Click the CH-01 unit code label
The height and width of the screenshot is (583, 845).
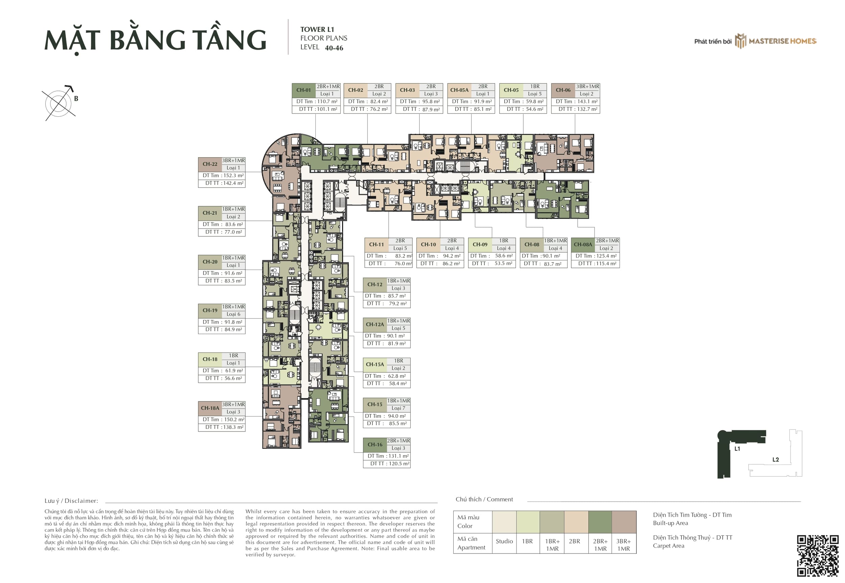tap(304, 90)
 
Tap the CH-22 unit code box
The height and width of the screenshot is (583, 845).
tap(210, 164)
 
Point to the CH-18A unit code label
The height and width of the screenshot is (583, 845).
tap(210, 409)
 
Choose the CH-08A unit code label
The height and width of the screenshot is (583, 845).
tap(583, 245)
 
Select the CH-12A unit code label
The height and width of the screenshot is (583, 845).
tap(375, 324)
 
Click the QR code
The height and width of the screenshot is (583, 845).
tap(818, 556)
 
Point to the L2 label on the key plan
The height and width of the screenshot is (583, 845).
tap(776, 460)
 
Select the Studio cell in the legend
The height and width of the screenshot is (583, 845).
tap(504, 541)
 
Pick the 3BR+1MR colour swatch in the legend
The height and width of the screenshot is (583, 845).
tap(624, 522)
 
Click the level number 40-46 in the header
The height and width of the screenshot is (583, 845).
tap(334, 48)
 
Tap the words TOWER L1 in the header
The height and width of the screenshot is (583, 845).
tap(317, 29)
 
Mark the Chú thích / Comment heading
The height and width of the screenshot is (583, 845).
tap(484, 499)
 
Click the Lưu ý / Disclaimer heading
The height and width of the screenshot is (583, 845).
tap(71, 501)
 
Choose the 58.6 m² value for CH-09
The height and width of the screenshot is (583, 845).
tap(504, 256)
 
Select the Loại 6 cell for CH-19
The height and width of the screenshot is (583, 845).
tap(234, 314)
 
